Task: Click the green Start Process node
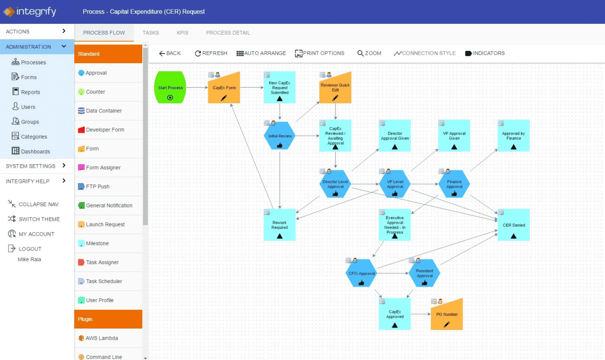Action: pyautogui.click(x=170, y=88)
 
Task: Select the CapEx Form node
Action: pyautogui.click(x=224, y=88)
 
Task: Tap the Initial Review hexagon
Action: pyautogui.click(x=280, y=136)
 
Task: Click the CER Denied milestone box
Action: pyautogui.click(x=513, y=225)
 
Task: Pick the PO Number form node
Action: pyautogui.click(x=447, y=315)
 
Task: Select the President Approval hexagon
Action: pyautogui.click(x=424, y=273)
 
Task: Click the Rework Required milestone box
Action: pyautogui.click(x=280, y=225)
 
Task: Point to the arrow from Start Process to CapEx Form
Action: pyautogui.click(x=197, y=88)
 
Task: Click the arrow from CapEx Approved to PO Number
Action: pyautogui.click(x=420, y=314)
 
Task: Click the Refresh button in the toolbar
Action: pyautogui.click(x=211, y=53)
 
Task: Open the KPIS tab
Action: pyautogui.click(x=182, y=33)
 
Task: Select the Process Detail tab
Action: pyautogui.click(x=228, y=33)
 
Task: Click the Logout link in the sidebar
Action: pyautogui.click(x=30, y=249)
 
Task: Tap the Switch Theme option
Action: pyautogui.click(x=39, y=219)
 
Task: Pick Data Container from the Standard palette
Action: pyautogui.click(x=104, y=111)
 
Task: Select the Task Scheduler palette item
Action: pyautogui.click(x=104, y=281)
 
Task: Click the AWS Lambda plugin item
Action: pyautogui.click(x=102, y=338)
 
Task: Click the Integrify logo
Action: pyautogui.click(x=30, y=12)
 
